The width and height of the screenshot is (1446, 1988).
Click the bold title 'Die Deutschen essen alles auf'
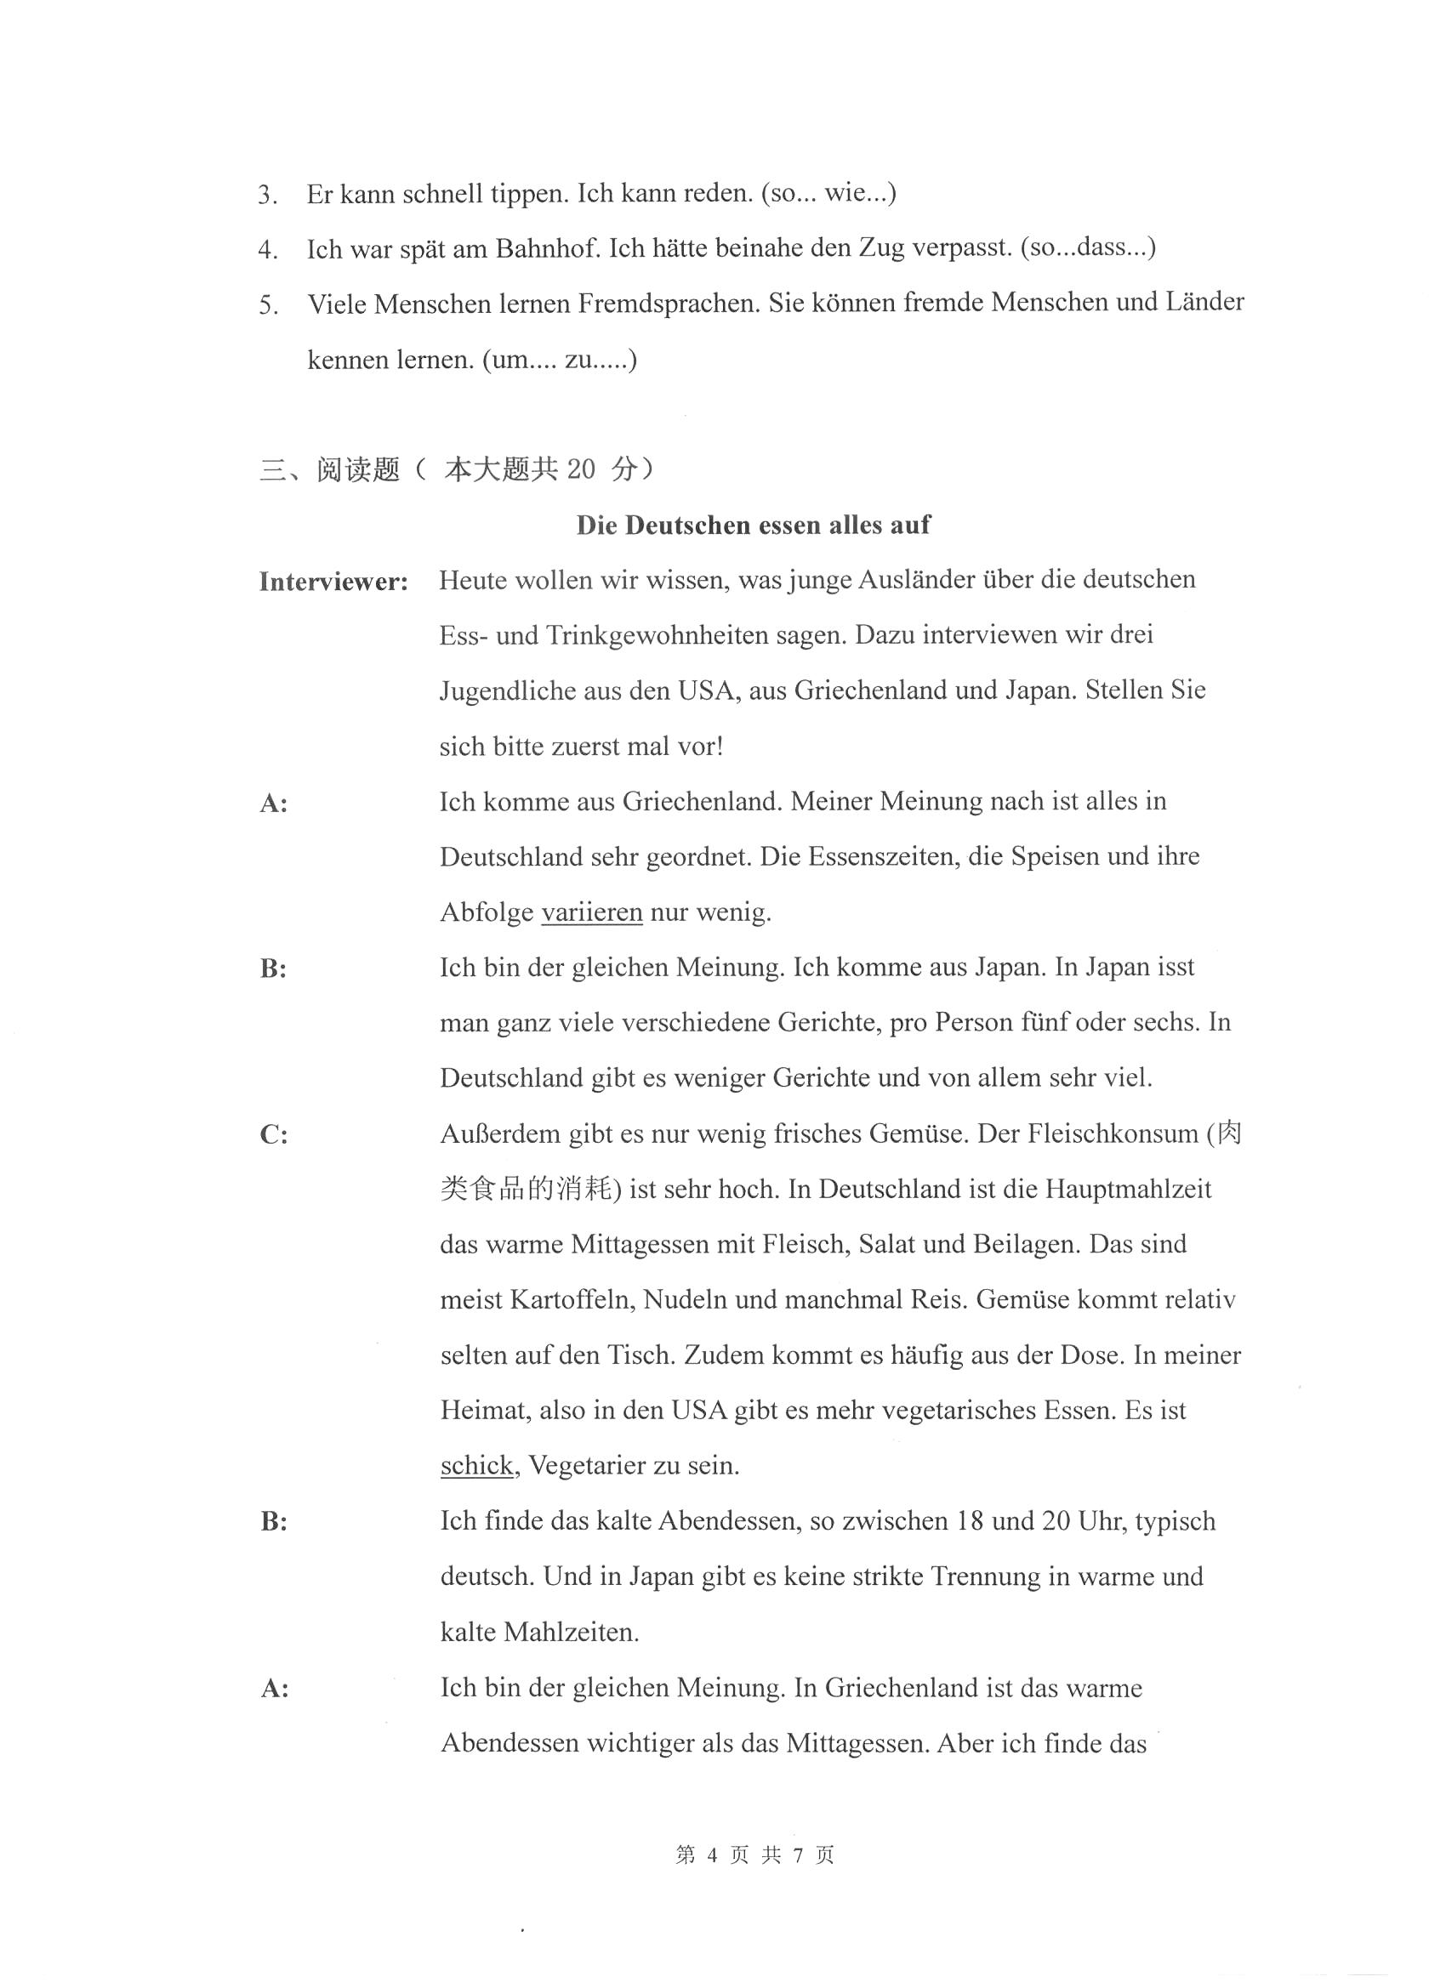coord(753,525)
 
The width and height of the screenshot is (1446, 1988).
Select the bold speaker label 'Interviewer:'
coord(333,581)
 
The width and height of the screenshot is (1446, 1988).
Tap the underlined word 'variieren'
coord(592,912)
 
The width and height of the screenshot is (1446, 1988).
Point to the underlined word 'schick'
coord(477,1466)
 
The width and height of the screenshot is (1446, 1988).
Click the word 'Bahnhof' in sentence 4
coord(547,249)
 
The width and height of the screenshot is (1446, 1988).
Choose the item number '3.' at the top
coord(268,195)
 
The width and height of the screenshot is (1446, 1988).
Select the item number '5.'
coord(268,305)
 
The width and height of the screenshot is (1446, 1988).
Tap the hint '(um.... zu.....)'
coord(560,360)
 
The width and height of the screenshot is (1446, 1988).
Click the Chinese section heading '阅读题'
coord(358,470)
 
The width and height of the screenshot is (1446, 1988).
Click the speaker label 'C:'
coord(274,1135)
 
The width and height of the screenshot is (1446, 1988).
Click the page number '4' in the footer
coord(711,1855)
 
